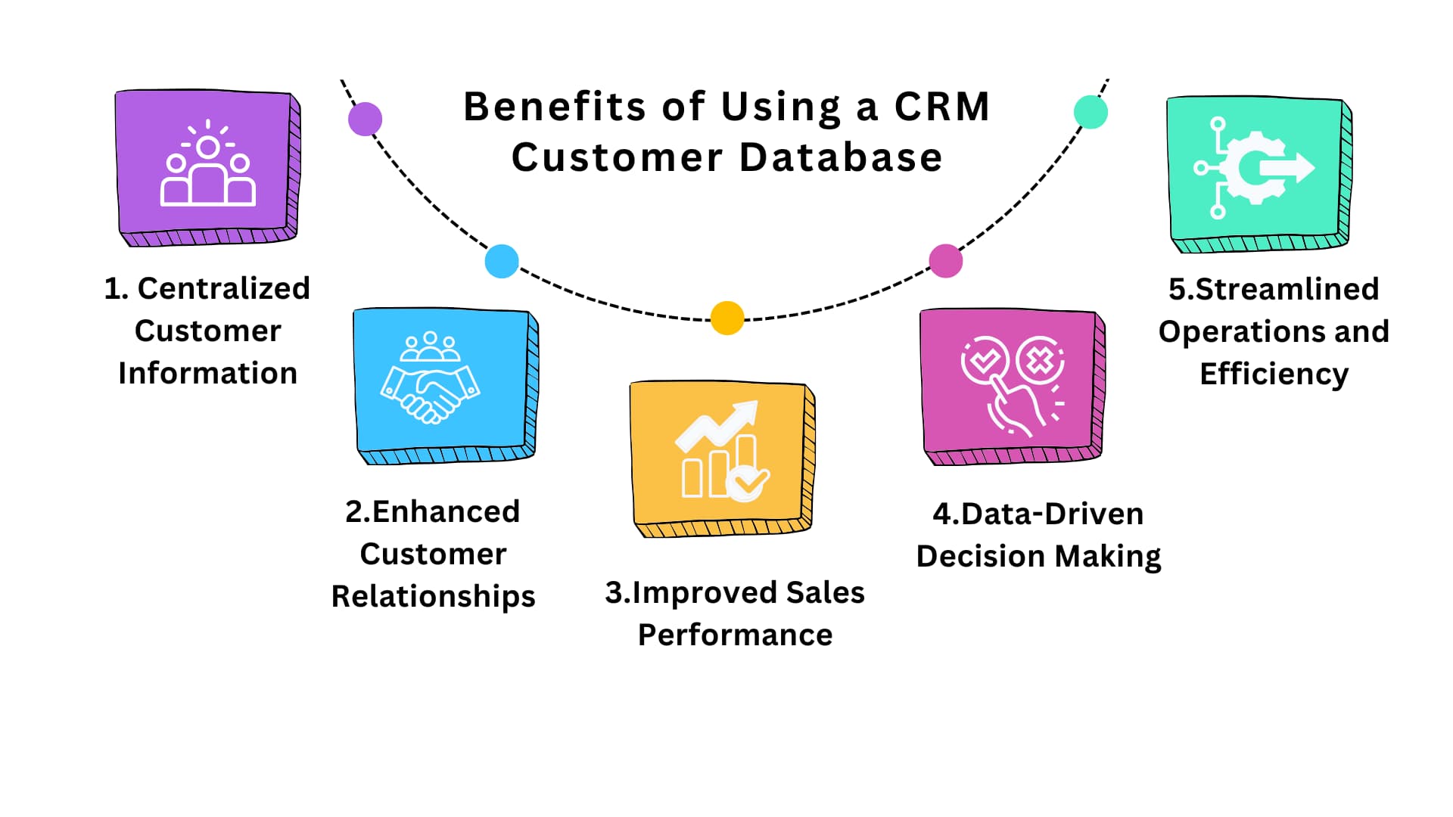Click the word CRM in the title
point(942,107)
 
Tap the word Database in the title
point(841,157)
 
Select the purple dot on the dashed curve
point(365,119)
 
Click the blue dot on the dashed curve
point(502,261)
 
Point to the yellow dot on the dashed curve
point(727,318)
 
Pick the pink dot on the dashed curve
point(945,261)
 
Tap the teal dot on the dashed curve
point(1091,112)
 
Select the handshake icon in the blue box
point(430,378)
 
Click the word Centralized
point(223,288)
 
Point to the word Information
point(207,373)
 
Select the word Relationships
point(433,596)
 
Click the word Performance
point(735,635)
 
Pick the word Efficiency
point(1274,374)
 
